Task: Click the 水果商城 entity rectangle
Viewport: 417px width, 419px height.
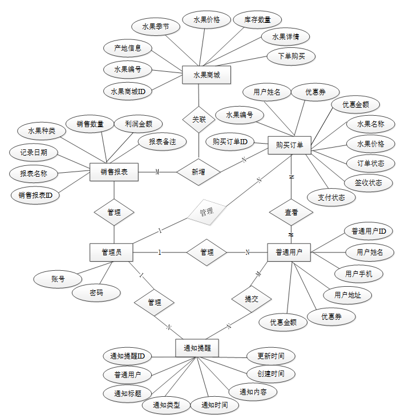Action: pyautogui.click(x=201, y=75)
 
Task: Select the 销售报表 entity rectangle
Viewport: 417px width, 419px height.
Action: pyautogui.click(x=114, y=172)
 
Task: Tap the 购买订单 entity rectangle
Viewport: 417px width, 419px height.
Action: pyautogui.click(x=289, y=145)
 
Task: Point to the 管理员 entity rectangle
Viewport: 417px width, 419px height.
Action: pyautogui.click(x=112, y=251)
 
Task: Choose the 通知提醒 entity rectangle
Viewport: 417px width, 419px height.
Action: pyautogui.click(x=197, y=348)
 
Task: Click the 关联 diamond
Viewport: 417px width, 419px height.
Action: pyautogui.click(x=199, y=120)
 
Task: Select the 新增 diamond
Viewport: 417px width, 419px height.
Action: pyautogui.click(x=199, y=172)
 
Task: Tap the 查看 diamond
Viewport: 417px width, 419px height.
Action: pyautogui.click(x=291, y=213)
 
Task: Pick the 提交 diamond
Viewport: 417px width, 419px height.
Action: pyautogui.click(x=251, y=299)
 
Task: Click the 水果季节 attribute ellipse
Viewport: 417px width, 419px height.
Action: pyautogui.click(x=156, y=26)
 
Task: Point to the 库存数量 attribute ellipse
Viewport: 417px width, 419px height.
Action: pyautogui.click(x=257, y=19)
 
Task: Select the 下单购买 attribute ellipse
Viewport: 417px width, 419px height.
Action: pyautogui.click(x=291, y=56)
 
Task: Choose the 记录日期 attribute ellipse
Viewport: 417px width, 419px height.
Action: pyautogui.click(x=33, y=152)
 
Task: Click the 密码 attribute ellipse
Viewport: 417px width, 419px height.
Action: pyautogui.click(x=96, y=293)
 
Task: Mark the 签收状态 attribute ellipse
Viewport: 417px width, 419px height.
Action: pyautogui.click(x=369, y=182)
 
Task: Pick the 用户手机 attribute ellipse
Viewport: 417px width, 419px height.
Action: pyautogui.click(x=359, y=274)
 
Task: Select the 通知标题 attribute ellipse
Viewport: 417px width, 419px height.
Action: pyautogui.click(x=127, y=393)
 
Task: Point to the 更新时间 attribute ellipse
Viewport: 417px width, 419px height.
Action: pyautogui.click(x=271, y=356)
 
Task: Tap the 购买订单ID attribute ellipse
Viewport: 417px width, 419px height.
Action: pyautogui.click(x=229, y=141)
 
